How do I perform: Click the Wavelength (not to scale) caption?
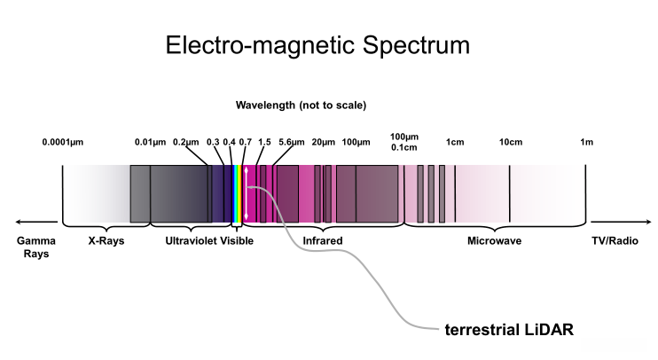click(x=301, y=105)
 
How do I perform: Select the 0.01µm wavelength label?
click(x=150, y=142)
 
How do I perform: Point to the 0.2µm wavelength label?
click(x=186, y=142)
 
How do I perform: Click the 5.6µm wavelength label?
click(x=292, y=142)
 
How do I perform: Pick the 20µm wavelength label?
click(x=323, y=142)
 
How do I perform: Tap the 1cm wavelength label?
click(x=455, y=142)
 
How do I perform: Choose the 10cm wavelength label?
click(x=510, y=142)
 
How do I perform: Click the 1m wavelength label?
click(x=586, y=142)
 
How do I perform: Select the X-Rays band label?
click(x=106, y=240)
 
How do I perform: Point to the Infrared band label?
click(x=323, y=240)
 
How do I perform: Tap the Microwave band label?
click(x=494, y=240)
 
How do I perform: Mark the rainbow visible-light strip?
click(x=237, y=193)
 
